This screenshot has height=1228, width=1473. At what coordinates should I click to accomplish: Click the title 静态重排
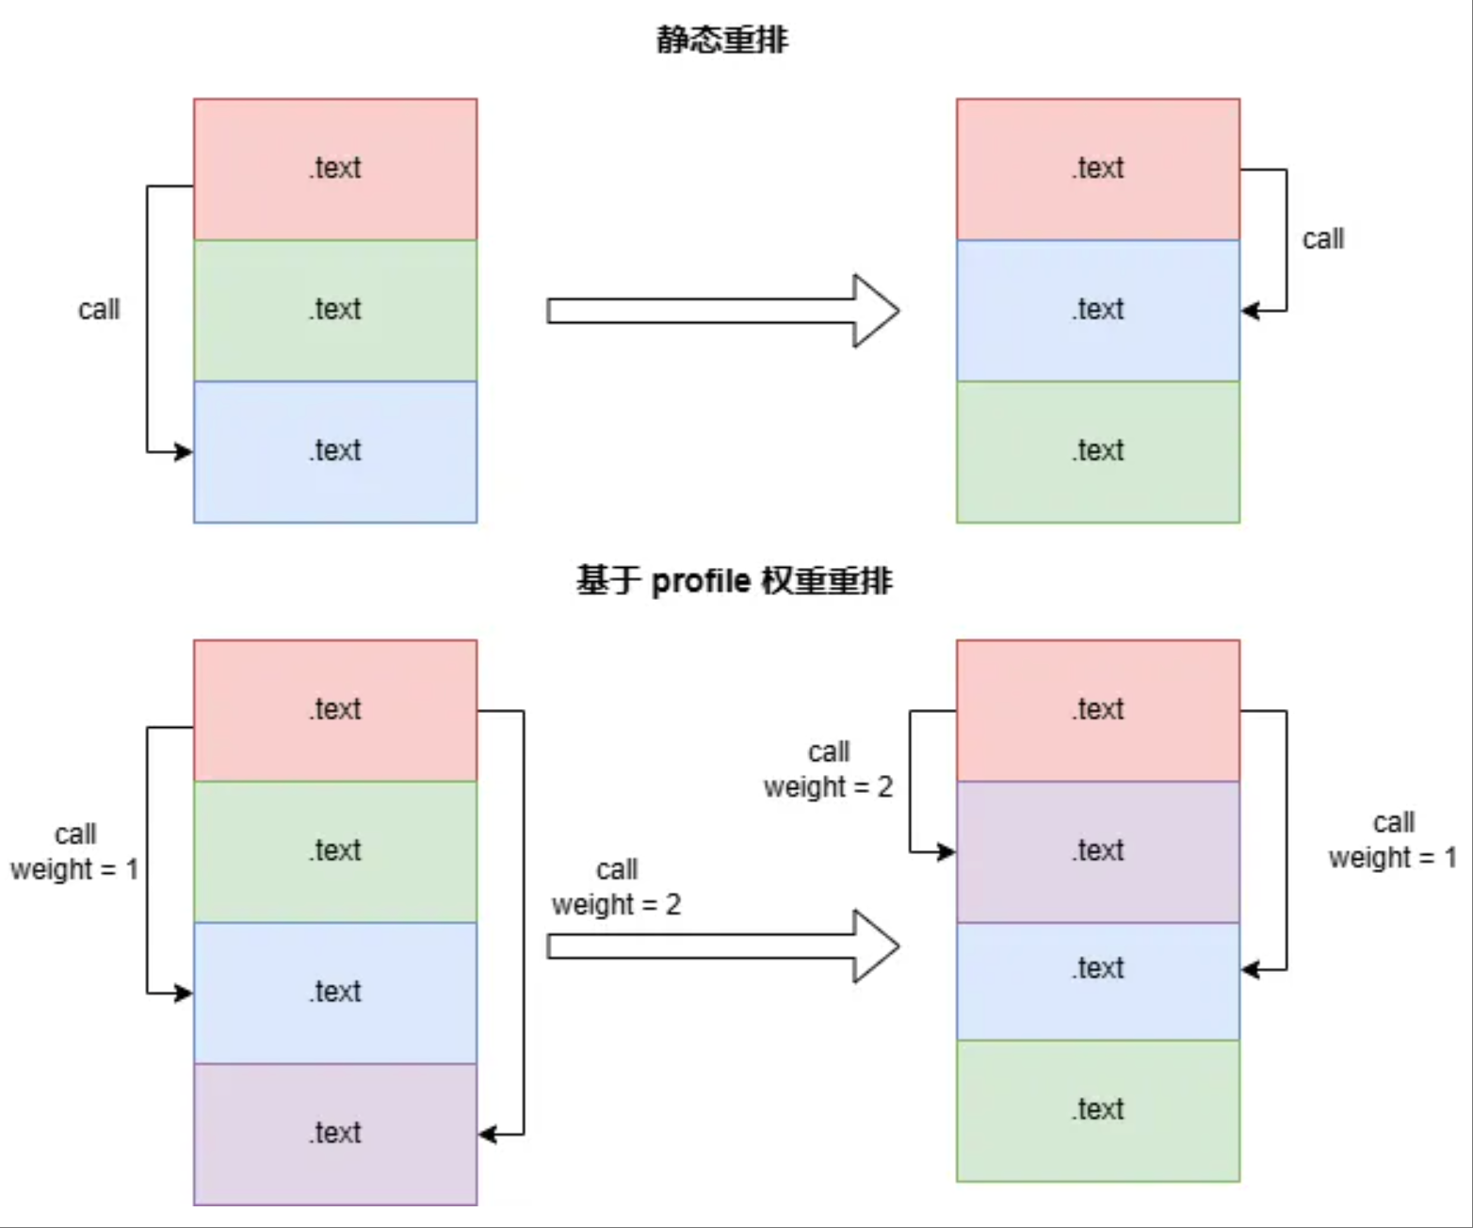pos(721,40)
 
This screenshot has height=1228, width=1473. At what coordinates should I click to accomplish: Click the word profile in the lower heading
pos(701,581)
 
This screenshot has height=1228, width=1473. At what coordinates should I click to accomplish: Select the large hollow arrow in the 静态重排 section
pos(722,311)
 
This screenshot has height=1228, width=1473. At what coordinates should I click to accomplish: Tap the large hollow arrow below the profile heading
pos(722,946)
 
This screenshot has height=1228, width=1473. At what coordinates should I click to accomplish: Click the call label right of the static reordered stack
pos(1322,239)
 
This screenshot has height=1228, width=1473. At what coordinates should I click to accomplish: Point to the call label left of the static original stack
pos(99,310)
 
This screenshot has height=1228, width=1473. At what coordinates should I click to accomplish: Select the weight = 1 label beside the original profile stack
pos(74,869)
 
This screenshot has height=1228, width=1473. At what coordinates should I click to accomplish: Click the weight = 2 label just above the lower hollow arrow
pos(616,905)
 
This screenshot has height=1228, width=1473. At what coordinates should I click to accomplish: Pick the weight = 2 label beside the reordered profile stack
pos(828,787)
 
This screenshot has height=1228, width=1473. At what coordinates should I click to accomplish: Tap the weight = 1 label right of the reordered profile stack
pos(1392,858)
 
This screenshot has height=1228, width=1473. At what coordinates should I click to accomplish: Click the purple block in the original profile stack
pos(335,1134)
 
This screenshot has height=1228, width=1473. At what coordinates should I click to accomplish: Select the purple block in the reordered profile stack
pos(1098,851)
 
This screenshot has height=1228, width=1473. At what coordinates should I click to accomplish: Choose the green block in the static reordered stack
pos(1098,451)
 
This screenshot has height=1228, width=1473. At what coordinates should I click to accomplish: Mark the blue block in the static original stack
pos(335,451)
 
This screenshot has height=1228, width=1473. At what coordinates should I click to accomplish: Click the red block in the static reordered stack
pos(1098,169)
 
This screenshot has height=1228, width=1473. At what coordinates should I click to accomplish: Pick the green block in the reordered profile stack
pos(1098,1110)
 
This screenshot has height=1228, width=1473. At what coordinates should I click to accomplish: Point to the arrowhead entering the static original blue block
pos(184,452)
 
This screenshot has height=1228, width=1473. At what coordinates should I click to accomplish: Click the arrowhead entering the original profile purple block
pos(488,1134)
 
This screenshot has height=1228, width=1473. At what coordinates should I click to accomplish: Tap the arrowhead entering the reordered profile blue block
pos(1251,969)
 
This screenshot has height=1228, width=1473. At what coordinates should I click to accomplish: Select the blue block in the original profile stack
pos(335,993)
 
